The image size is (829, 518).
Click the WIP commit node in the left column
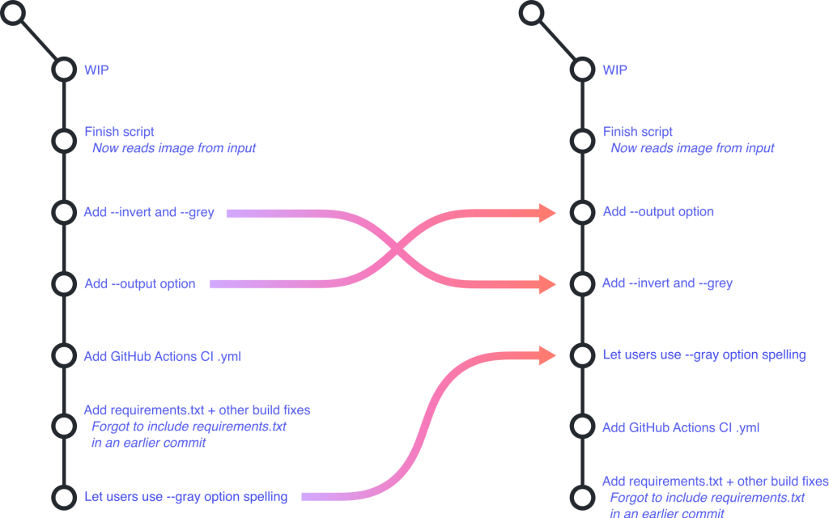tap(63, 70)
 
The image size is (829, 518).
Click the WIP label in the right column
tap(614, 70)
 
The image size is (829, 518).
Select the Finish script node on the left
tap(63, 140)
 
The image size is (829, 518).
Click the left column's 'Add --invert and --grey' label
tap(149, 213)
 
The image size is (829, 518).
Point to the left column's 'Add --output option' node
tap(63, 284)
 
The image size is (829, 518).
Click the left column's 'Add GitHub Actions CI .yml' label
tap(162, 355)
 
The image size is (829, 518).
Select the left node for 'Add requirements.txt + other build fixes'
tap(63, 426)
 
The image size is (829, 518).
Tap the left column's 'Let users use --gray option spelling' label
tap(185, 496)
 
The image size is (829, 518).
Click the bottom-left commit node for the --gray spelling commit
tap(63, 496)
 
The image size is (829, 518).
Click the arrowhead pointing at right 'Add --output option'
tap(545, 213)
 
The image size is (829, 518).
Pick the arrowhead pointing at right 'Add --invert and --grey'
tap(545, 284)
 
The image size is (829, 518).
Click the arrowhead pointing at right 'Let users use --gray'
tap(545, 355)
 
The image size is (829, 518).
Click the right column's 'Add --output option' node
tap(581, 213)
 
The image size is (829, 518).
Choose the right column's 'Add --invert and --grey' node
tap(581, 284)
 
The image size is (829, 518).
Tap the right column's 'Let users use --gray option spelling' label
tap(704, 355)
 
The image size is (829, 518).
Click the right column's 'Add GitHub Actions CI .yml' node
tap(581, 427)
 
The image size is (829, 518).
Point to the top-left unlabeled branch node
tap(15, 12)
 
